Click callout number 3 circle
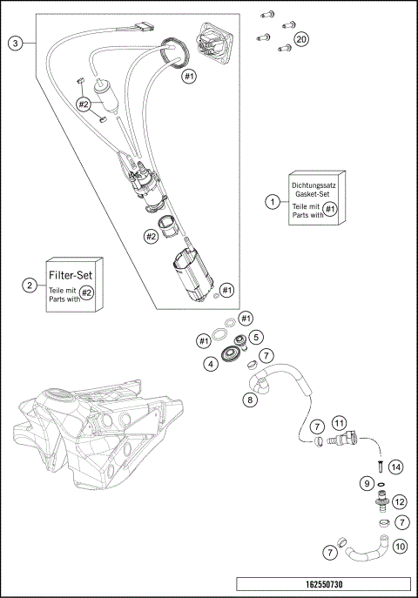[15, 43]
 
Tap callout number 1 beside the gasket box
[273, 201]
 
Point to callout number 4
[211, 363]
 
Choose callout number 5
[256, 337]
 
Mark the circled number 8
[250, 400]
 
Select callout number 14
[395, 467]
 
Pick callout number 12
[400, 501]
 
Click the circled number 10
[400, 547]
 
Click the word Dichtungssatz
[313, 185]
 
